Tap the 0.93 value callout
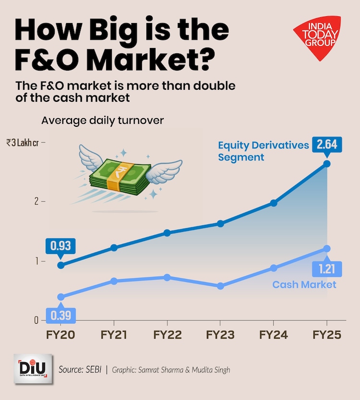(x=61, y=246)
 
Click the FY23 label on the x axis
(x=220, y=335)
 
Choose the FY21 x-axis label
(x=114, y=335)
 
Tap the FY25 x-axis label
(x=327, y=335)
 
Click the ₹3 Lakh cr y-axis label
(x=23, y=143)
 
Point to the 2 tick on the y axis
(x=36, y=202)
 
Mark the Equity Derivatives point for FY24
(x=274, y=203)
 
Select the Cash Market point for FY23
(x=220, y=286)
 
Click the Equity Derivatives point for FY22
(x=167, y=232)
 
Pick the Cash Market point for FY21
(x=114, y=281)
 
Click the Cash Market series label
(x=304, y=285)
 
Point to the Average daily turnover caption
(x=102, y=121)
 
